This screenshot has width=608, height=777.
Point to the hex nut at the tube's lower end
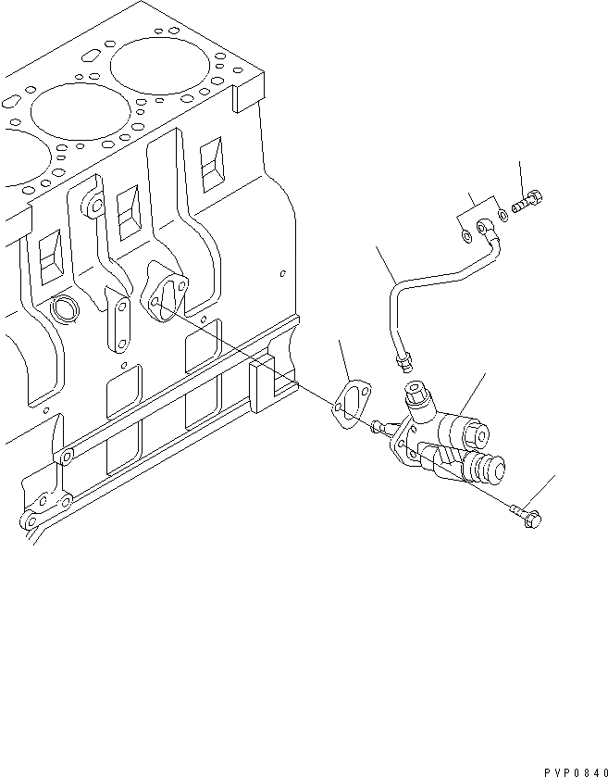[403, 355]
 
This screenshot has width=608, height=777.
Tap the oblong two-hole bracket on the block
[119, 320]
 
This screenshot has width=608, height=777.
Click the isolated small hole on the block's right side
[282, 273]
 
